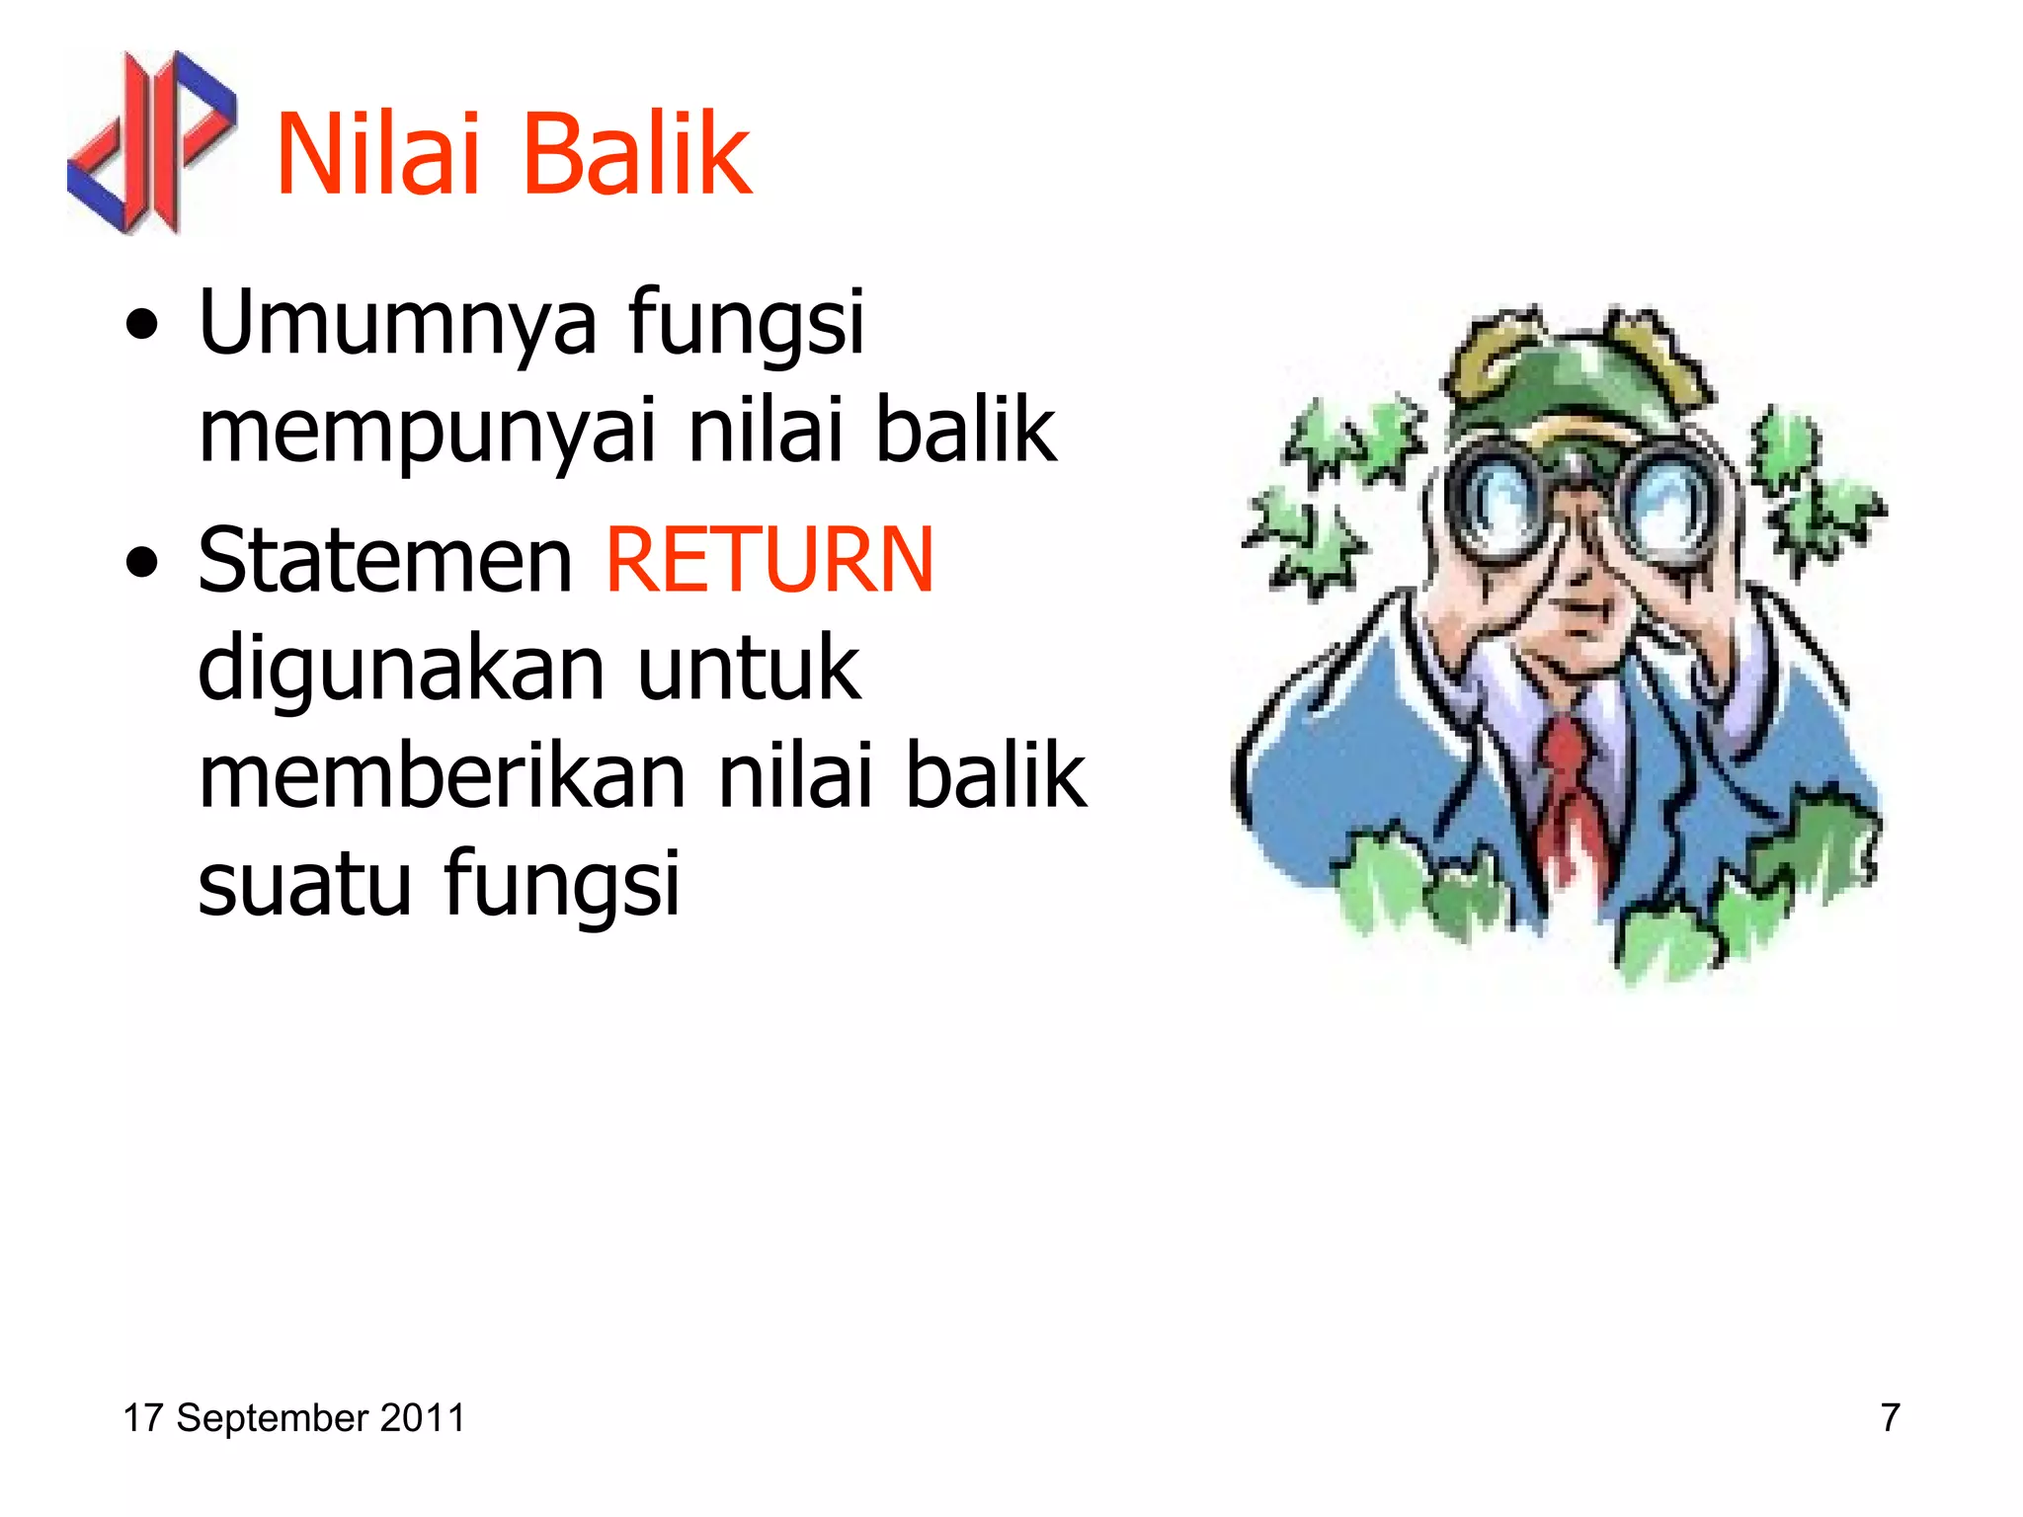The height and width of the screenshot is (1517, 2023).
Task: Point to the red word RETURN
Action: (769, 560)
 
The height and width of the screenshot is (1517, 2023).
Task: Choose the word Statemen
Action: (385, 560)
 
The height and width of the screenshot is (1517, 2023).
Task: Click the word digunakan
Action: (401, 669)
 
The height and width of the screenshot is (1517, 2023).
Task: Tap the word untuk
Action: (749, 669)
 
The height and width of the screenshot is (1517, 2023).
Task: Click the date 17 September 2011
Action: (293, 1417)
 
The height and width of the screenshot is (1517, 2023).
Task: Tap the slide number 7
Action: (1890, 1417)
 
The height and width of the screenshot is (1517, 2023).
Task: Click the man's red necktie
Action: (1566, 790)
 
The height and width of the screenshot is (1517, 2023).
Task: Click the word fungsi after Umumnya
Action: (746, 324)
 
